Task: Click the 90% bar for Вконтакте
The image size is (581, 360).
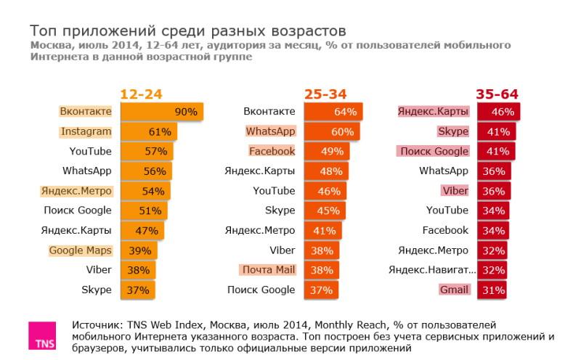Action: point(161,112)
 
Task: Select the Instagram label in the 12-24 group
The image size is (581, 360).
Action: point(86,131)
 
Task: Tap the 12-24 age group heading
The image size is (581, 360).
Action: point(141,94)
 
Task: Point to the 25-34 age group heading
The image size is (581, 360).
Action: point(325,94)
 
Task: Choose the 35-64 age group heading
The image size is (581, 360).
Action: point(497,94)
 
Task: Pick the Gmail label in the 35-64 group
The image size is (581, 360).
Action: point(454,290)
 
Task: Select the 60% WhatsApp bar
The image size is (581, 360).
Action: point(332,131)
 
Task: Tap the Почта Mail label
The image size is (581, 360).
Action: point(267,270)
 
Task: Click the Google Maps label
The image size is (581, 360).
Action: point(80,250)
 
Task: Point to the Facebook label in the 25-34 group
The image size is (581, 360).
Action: point(272,151)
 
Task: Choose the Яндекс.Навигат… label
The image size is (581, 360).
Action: point(432,270)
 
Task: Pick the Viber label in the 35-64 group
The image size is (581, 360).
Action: point(455,191)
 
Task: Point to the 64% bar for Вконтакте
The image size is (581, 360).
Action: point(333,112)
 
